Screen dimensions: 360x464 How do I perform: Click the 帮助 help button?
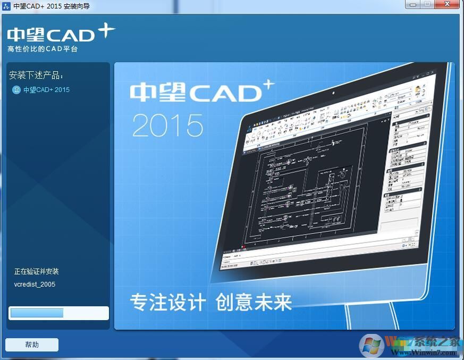(32, 345)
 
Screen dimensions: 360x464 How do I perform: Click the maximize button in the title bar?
(427, 5)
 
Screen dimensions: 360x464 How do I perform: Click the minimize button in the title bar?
(413, 5)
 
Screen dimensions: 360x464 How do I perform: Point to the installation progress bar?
(58, 313)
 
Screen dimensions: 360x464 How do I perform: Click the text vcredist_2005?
(35, 284)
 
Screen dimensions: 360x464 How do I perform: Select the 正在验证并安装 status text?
(36, 272)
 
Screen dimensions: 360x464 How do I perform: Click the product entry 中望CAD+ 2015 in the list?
(46, 90)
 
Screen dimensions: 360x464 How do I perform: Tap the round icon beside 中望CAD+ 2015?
(16, 90)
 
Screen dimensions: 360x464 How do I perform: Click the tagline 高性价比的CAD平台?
(43, 49)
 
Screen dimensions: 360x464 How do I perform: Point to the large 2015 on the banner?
(167, 125)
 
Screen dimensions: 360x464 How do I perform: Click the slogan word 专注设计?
(167, 303)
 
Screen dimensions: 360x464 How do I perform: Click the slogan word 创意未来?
(254, 303)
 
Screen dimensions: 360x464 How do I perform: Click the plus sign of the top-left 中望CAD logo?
(106, 31)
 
